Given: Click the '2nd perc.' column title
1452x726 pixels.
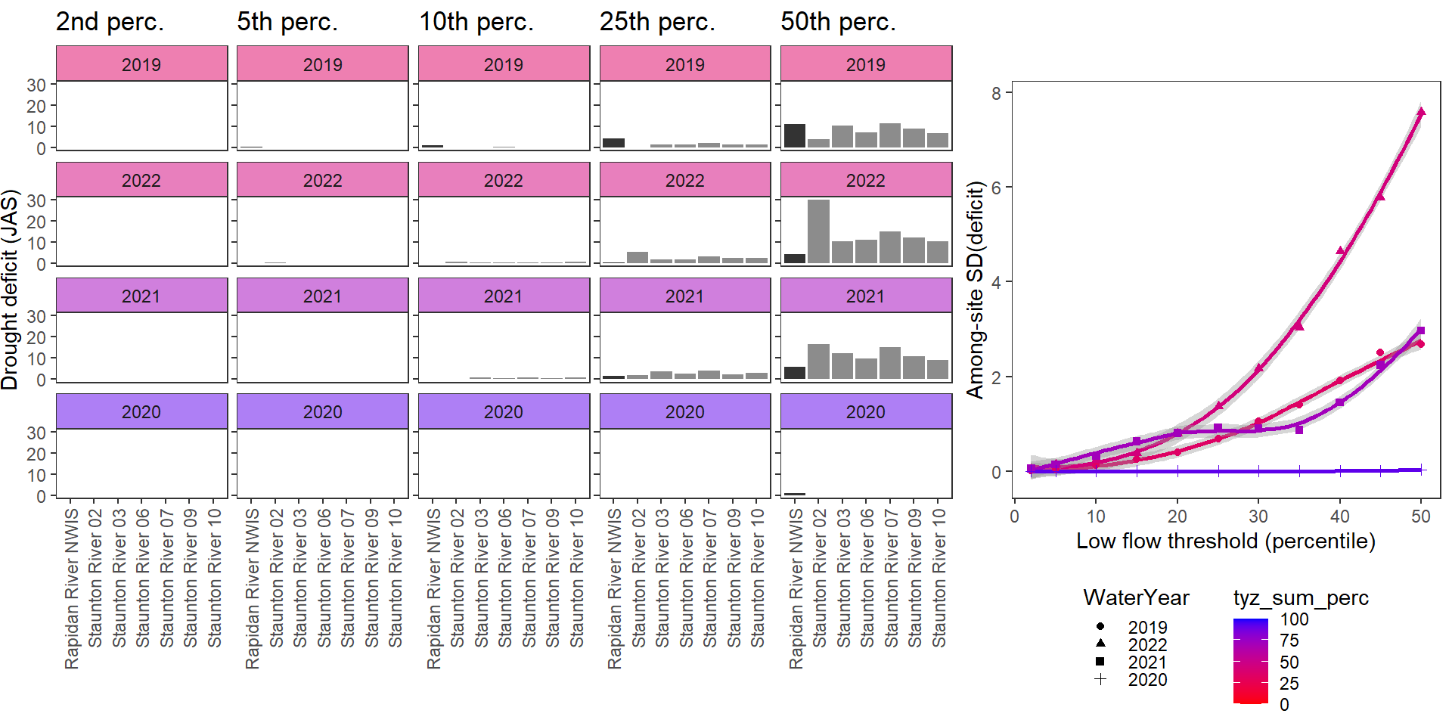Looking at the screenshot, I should tap(110, 22).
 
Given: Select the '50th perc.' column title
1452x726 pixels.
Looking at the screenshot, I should tap(838, 22).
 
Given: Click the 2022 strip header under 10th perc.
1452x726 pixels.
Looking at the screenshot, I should tap(504, 180).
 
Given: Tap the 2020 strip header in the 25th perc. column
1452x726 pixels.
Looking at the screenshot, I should tap(685, 411).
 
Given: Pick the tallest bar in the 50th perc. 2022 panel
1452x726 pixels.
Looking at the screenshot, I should tap(818, 231).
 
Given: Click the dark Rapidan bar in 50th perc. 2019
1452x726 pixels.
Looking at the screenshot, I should tap(795, 135).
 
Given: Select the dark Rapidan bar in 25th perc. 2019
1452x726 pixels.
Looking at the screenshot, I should tap(613, 143).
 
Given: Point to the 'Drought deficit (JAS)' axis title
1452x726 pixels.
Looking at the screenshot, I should tap(10, 290).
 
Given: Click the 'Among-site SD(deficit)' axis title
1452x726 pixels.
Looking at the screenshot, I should tap(976, 290).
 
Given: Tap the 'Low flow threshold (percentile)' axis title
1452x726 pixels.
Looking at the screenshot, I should tap(1225, 541).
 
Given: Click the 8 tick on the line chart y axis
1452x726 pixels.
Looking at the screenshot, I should tap(996, 93).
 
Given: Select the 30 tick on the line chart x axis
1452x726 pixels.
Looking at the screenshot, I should tap(1258, 517).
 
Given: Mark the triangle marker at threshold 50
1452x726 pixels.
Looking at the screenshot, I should tap(1421, 112).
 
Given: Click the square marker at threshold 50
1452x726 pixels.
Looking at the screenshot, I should tap(1421, 330).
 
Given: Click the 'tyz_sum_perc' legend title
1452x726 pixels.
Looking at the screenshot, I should tap(1301, 598).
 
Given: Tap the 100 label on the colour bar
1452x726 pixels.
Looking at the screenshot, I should tap(1294, 619).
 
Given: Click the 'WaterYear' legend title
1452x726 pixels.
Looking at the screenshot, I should tap(1136, 598).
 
